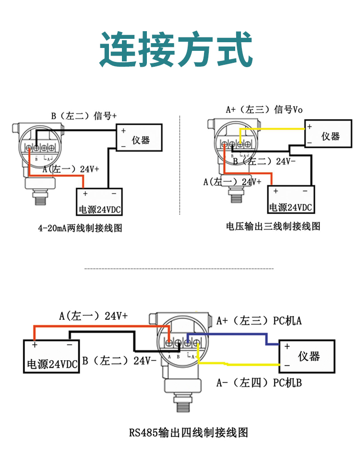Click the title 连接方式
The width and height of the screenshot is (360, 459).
pos(176,50)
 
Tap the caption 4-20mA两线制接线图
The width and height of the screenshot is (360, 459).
pos(80,228)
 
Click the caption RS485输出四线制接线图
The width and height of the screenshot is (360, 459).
pos(189,432)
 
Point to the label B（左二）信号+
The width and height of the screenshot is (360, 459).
pos(84,116)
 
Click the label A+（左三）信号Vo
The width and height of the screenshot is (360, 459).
pos(264,109)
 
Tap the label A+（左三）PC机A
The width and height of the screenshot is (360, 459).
pos(259,320)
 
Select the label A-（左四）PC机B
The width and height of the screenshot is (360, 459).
pos(259,382)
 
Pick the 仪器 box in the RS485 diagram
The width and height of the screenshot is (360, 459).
pos(307,356)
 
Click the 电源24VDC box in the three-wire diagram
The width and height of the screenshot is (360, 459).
pos(290,200)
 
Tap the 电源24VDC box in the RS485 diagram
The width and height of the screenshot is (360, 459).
pos(51,357)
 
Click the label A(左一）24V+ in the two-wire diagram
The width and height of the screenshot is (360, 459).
pos(71,169)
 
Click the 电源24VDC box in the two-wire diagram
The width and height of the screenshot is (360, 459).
pos(100,202)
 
